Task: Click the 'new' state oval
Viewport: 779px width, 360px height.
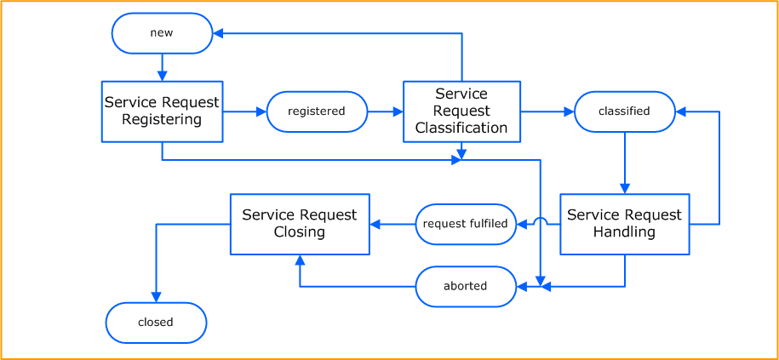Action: pos(162,33)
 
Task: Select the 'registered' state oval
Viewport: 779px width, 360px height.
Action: pos(317,111)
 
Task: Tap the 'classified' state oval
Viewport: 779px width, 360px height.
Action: pos(624,111)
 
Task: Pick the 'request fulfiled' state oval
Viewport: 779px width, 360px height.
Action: pos(466,224)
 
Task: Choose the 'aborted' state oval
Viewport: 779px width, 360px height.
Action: pos(466,286)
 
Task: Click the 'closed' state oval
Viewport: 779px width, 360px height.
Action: pos(156,323)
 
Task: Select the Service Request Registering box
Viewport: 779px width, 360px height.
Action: pos(162,111)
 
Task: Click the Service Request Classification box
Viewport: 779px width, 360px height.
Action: pos(461,111)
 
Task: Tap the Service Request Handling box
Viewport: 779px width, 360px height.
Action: pos(624,224)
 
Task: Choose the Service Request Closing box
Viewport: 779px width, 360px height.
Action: pos(300,224)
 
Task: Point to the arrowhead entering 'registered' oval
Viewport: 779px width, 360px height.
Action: pos(261,111)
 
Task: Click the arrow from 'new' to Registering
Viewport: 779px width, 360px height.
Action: pos(162,67)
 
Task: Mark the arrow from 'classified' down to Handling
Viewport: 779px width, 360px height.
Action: pos(624,163)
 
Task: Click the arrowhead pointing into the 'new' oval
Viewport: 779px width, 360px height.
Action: pos(218,33)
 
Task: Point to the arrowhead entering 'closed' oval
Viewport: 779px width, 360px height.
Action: pos(156,297)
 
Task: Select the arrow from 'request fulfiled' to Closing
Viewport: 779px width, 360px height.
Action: pos(392,224)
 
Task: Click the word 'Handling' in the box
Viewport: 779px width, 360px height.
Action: pos(624,232)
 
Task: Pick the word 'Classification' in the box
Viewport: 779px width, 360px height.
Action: pos(461,128)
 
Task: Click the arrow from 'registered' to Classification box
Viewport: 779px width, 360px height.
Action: pos(385,111)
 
